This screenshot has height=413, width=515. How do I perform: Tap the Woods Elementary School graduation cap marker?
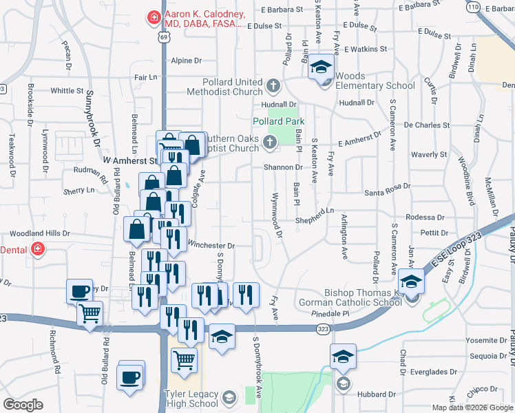click(319, 67)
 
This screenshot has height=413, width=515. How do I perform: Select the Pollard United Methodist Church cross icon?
click(273, 86)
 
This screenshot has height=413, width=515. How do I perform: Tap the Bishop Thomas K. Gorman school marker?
click(412, 284)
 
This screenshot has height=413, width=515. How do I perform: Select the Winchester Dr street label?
click(211, 245)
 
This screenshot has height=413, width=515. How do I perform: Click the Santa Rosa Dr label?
click(388, 186)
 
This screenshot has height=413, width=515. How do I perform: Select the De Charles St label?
click(427, 125)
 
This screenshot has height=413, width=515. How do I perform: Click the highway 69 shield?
click(162, 39)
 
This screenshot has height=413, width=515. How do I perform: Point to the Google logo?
click(22, 405)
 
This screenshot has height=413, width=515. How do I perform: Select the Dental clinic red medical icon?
click(38, 248)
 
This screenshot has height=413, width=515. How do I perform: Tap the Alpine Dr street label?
click(186, 61)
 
